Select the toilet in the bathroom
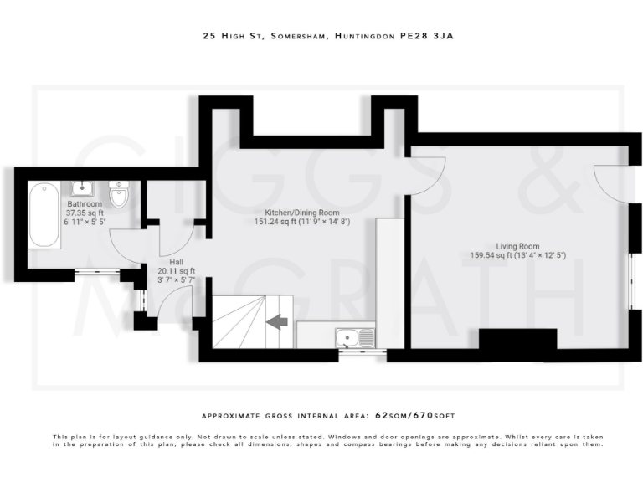point(118,195)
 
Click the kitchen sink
point(355,338)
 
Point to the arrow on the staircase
point(276,321)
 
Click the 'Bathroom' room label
point(85,204)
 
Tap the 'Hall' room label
point(176,261)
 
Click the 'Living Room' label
point(519,246)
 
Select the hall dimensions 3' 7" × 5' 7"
point(176,280)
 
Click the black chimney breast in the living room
point(517,340)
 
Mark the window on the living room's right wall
point(633,280)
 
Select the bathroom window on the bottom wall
point(96,271)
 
